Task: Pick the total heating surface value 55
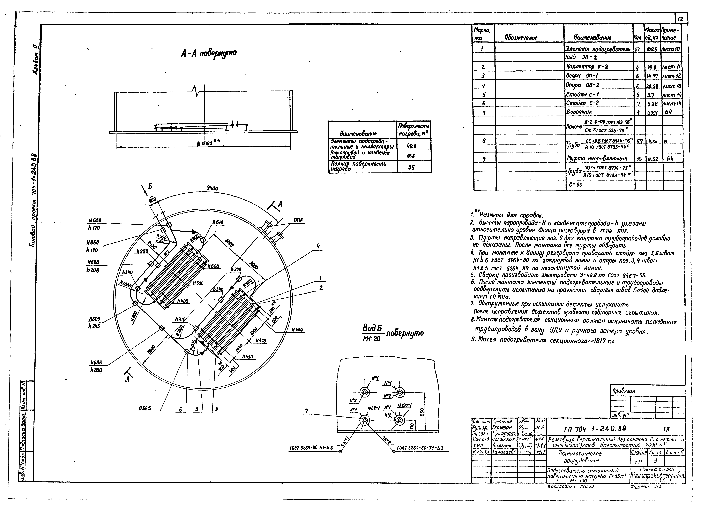411,167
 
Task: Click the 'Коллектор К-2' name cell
584,67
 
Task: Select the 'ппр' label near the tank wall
299,220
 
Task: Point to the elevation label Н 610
218,223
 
